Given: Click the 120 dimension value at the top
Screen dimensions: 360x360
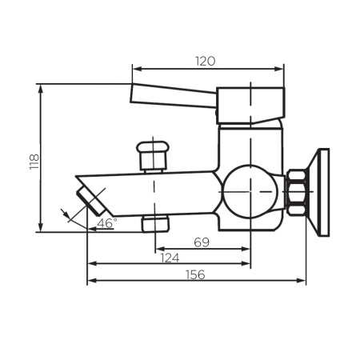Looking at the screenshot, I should [x=207, y=60].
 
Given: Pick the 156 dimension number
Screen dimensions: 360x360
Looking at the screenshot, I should [x=194, y=274].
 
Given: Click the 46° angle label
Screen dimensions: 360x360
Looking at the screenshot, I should [x=106, y=222].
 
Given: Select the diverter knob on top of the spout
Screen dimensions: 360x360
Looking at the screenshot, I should [x=154, y=154].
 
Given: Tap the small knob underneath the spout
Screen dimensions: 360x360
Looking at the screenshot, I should [x=154, y=222].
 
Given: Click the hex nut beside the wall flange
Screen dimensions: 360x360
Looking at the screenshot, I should [x=298, y=192].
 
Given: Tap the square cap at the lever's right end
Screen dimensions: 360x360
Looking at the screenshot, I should [x=250, y=104].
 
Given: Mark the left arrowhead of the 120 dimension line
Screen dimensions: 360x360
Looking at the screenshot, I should [x=135, y=69].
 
